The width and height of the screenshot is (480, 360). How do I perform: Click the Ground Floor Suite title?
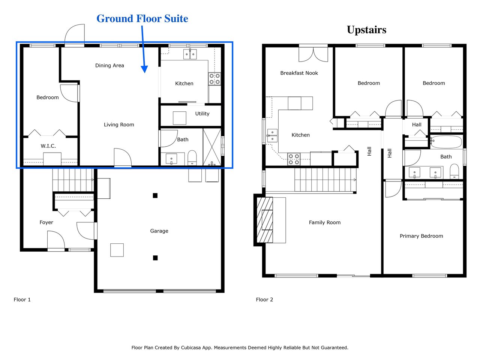142,19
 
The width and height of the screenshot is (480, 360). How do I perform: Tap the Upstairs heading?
366,30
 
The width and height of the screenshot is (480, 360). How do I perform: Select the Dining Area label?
109,65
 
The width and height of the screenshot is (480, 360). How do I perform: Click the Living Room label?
119,124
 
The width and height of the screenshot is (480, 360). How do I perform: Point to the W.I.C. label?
48,146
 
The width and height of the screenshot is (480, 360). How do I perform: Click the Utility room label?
202,114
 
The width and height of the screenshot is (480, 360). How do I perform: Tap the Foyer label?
46,222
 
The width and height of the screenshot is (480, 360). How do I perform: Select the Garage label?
159,231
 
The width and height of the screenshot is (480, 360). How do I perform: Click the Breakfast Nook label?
299,73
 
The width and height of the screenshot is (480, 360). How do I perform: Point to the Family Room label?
324,222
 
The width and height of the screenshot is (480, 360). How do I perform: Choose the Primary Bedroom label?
421,236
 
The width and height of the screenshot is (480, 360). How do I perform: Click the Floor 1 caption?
22,300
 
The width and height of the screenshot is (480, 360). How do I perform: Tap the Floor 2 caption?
264,300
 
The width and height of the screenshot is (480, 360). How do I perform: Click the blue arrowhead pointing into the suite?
144,69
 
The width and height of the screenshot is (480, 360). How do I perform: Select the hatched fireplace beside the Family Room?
265,220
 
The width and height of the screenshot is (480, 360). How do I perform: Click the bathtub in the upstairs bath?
446,142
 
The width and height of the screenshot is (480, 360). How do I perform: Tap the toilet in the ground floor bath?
192,157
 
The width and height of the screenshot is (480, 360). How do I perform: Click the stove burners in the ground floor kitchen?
214,79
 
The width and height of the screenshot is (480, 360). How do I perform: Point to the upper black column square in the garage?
155,195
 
